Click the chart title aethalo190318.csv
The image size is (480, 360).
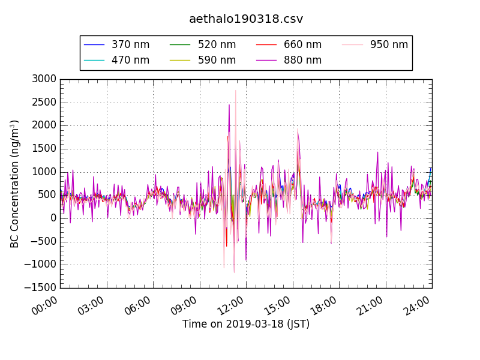246,19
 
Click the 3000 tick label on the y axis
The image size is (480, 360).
44,79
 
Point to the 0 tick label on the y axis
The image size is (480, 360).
53,218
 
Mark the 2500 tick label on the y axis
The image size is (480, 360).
44,103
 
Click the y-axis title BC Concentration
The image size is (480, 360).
15,184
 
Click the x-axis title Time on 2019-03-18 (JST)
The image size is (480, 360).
246,325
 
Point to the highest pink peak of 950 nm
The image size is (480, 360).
235,91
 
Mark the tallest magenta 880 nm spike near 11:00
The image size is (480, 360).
229,105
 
